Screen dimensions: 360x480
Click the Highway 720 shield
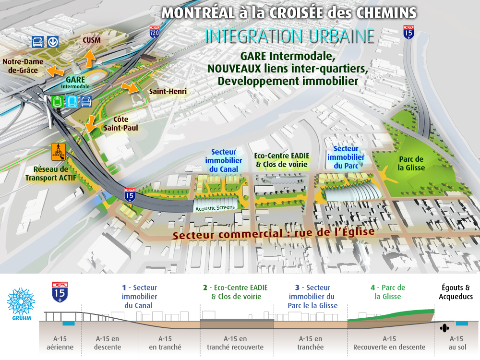point(154,32)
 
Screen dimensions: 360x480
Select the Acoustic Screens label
point(215,207)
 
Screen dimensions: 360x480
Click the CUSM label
point(91,40)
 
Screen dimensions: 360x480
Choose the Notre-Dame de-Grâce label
point(23,66)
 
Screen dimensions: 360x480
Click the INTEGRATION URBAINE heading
point(289,36)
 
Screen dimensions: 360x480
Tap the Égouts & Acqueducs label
point(456,292)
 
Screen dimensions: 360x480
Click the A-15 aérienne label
point(60,343)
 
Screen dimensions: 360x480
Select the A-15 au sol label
point(456,343)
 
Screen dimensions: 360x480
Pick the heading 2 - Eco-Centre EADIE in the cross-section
point(235,288)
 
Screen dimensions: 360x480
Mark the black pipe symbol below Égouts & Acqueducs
point(444,328)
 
